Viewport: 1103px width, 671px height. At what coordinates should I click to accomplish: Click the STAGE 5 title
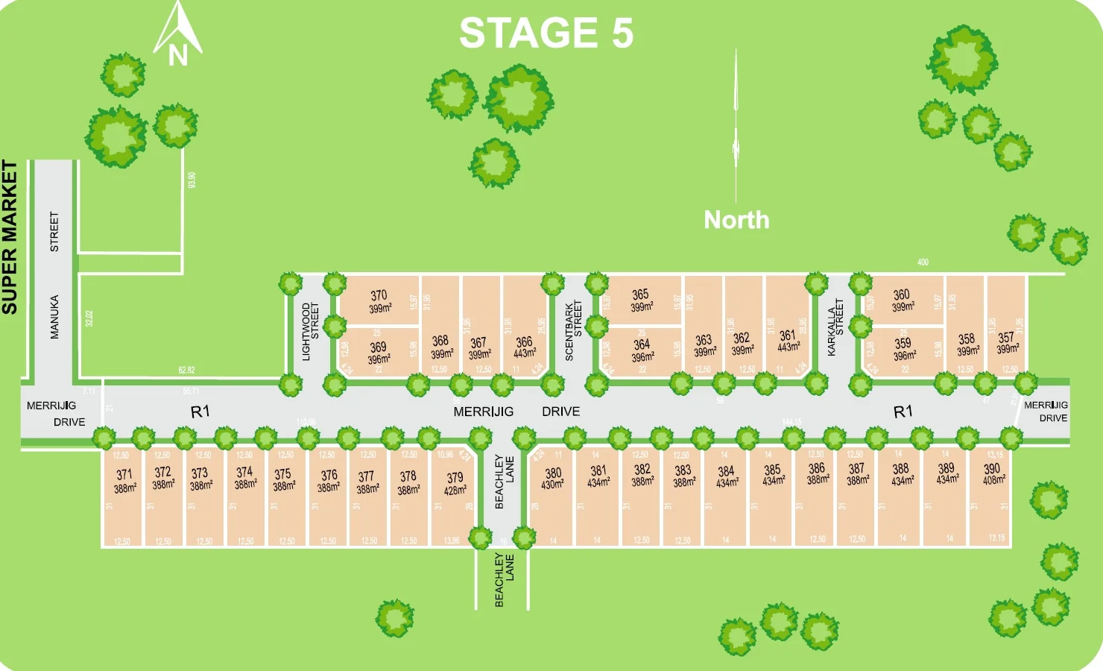pos(546,34)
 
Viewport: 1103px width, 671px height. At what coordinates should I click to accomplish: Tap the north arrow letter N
pos(177,55)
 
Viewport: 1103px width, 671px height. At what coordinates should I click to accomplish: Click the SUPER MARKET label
pos(10,237)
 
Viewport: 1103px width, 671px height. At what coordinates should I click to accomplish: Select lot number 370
pos(379,301)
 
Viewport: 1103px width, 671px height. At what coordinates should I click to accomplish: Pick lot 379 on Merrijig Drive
pos(455,483)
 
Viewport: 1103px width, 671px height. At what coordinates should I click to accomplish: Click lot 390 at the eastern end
pos(992,474)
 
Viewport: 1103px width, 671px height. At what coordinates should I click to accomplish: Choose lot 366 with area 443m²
pos(525,347)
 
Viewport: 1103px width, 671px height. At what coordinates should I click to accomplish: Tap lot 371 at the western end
pos(124,481)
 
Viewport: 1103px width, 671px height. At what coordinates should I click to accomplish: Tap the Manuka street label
pos(54,317)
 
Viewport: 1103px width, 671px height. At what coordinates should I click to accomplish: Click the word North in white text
pos(736,220)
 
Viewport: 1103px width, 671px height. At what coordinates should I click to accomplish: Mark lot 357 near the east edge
pos(1006,343)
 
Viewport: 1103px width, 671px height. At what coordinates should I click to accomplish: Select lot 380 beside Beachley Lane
pos(553,478)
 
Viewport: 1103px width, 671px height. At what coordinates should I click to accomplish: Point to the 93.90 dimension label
pos(192,180)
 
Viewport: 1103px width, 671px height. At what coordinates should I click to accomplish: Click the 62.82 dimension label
pos(186,370)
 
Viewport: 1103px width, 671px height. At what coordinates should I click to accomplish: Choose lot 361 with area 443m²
pos(788,341)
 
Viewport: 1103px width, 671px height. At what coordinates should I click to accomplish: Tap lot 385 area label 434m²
pos(774,481)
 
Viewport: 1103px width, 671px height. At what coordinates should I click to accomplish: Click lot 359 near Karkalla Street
pos(903,349)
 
